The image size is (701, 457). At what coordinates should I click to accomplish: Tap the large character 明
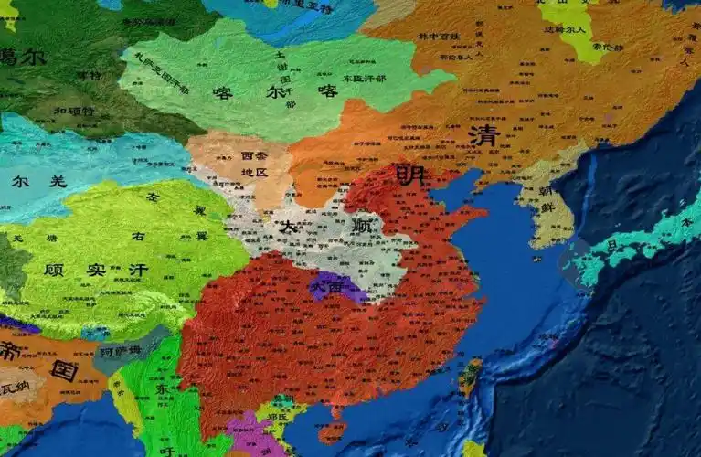[409, 174]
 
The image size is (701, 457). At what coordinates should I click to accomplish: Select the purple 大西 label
[325, 286]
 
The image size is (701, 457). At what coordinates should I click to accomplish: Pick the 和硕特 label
[72, 111]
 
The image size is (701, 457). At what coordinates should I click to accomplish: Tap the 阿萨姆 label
[122, 350]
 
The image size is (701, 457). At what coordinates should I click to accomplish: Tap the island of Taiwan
[471, 375]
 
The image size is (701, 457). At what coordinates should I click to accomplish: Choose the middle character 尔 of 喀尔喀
[274, 91]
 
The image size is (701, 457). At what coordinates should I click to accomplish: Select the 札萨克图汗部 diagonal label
[162, 74]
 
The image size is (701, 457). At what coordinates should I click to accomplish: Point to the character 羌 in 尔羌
[57, 181]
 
